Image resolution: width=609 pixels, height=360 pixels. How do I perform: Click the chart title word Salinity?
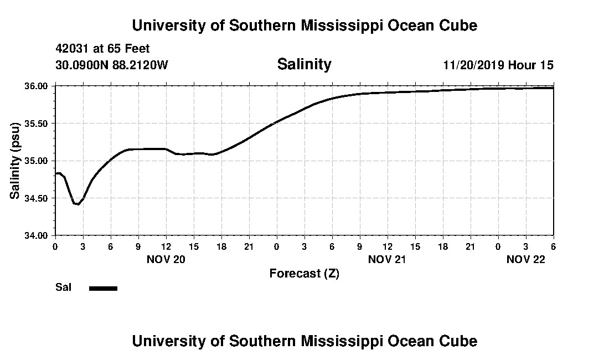coord(304,64)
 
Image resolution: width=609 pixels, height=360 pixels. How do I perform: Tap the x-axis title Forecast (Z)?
coord(304,273)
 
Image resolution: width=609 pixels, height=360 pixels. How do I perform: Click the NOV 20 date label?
coord(166,259)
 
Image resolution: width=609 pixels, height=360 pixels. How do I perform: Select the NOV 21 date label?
coord(388,259)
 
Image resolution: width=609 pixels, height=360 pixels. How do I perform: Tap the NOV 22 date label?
coord(526,259)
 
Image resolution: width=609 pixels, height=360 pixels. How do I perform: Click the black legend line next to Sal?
coord(103,288)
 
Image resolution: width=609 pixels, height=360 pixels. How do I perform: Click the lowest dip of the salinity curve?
coord(78,204)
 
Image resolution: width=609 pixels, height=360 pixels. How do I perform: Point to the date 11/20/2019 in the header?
coord(473,65)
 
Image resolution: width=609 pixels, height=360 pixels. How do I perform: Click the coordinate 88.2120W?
coord(141,65)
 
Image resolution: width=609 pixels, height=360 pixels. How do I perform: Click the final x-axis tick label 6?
coord(553,246)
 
